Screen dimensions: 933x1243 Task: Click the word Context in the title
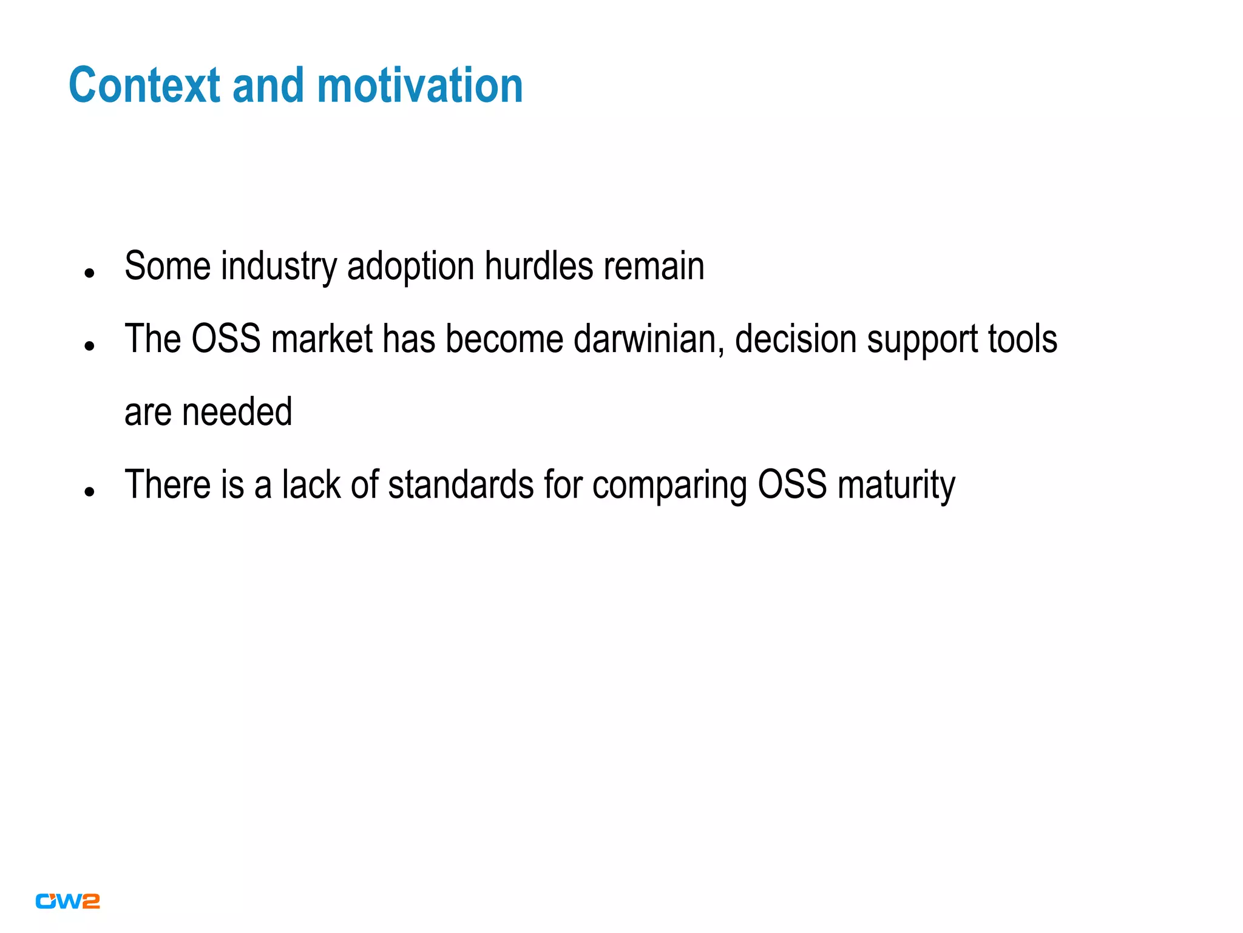144,86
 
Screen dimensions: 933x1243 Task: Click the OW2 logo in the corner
67,901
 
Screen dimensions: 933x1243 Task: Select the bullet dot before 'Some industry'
90,273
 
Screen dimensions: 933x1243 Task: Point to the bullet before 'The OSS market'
90,347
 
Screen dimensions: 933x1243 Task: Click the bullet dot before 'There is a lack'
90,492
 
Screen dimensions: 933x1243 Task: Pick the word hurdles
539,266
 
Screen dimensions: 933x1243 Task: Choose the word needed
237,412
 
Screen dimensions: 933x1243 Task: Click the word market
322,339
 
